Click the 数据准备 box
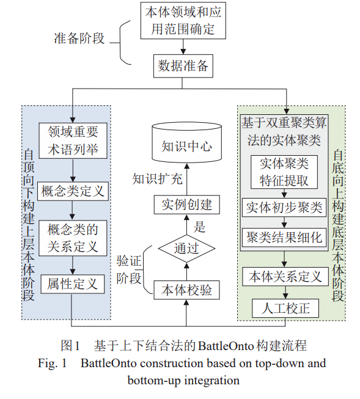tap(183, 66)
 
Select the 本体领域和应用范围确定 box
tap(183, 21)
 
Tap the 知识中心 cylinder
tap(186, 142)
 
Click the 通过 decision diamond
tap(186, 248)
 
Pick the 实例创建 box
tap(187, 205)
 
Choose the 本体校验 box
tap(186, 290)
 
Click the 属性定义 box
tap(73, 284)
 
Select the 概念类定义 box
tap(73, 191)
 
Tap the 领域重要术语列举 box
tap(73, 141)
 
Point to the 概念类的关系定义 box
tap(73, 238)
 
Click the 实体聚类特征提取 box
tap(284, 172)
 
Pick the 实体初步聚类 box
tap(284, 207)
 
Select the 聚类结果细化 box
tap(284, 238)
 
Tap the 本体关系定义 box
tap(285, 277)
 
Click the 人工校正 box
tap(285, 308)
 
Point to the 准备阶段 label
tap(79, 38)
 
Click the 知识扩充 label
tap(157, 179)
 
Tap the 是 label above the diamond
tap(199, 227)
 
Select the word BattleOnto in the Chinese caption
tap(226, 346)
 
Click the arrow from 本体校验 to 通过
tap(186, 271)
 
